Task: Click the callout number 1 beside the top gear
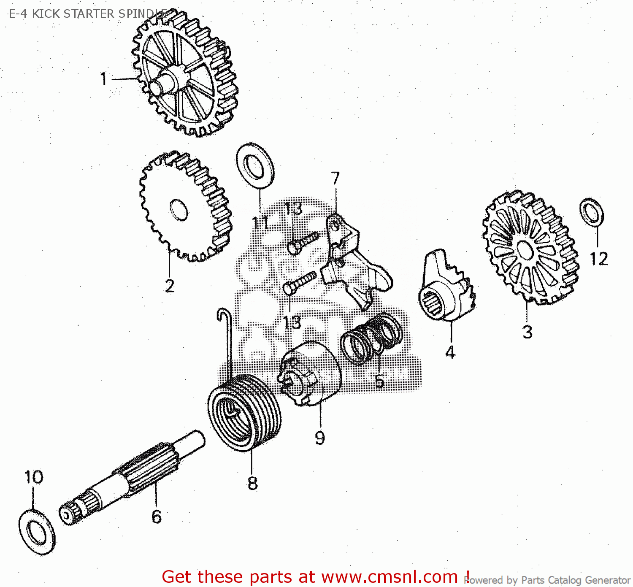(x=103, y=79)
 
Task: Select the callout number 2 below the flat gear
(x=169, y=286)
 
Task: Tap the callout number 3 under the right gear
(x=527, y=332)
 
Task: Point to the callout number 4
(x=450, y=352)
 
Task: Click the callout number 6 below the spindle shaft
(x=156, y=517)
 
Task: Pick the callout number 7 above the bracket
(x=335, y=178)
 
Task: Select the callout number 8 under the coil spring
(x=252, y=483)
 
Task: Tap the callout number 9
(x=320, y=438)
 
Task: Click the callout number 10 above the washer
(x=34, y=477)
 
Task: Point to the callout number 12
(x=598, y=259)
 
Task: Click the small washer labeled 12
(x=592, y=212)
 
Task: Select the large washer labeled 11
(x=255, y=166)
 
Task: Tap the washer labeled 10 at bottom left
(x=37, y=532)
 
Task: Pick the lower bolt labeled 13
(x=300, y=283)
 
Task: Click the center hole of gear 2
(x=179, y=209)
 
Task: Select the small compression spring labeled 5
(x=371, y=338)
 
